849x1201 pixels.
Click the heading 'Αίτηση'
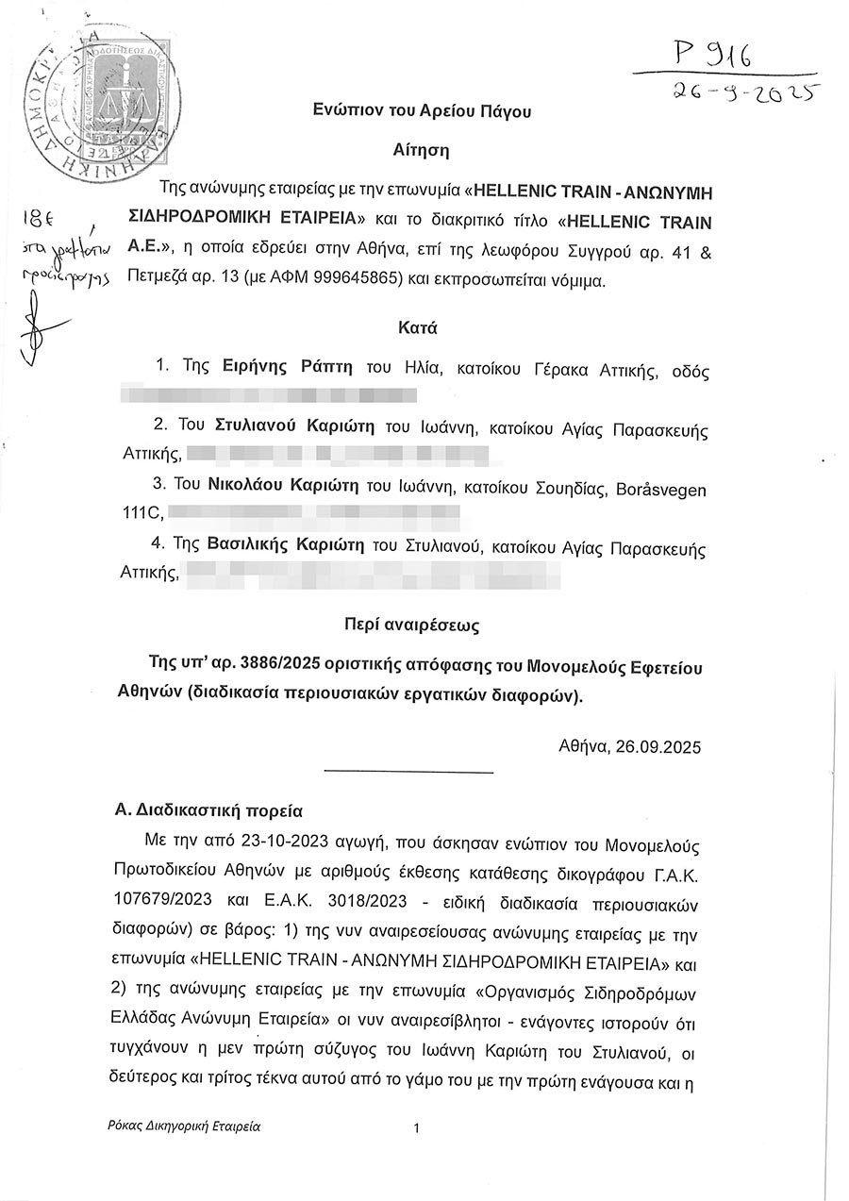tap(421, 149)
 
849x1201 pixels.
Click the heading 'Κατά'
tap(421, 329)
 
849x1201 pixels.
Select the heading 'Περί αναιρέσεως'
tap(421, 626)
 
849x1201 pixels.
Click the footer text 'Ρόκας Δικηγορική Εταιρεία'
tap(185, 1126)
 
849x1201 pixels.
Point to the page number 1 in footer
tap(416, 1127)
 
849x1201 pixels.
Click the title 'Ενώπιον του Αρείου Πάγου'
tap(422, 110)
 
